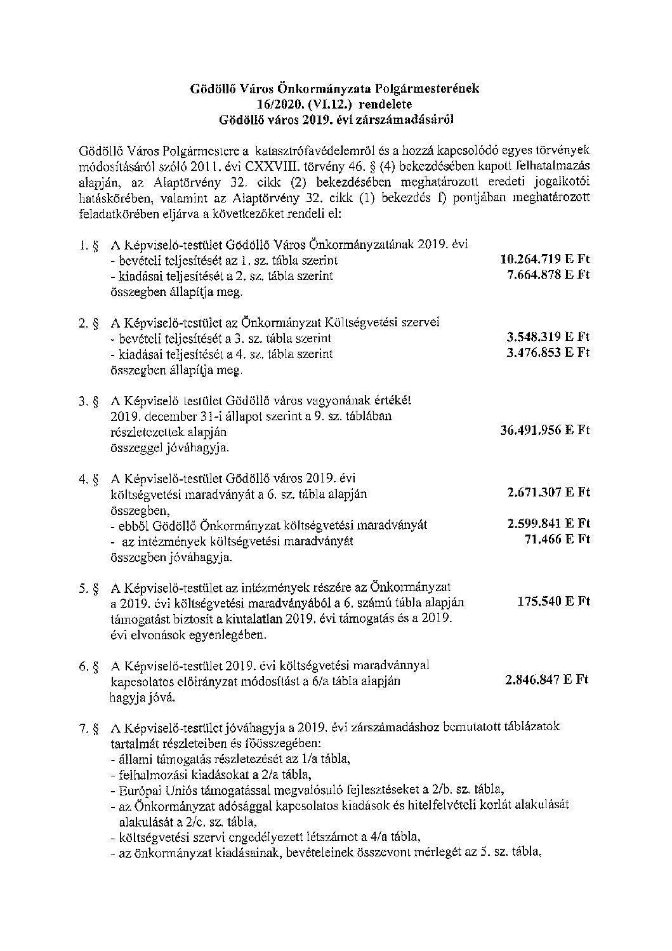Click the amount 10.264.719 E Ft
click(545, 260)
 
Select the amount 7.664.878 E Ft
click(548, 274)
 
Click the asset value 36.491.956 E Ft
click(545, 430)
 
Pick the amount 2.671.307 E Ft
click(548, 493)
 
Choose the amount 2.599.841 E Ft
click(548, 524)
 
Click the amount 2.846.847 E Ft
click(546, 679)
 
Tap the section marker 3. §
click(89, 401)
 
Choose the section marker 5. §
click(89, 588)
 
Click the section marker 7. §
click(89, 729)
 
